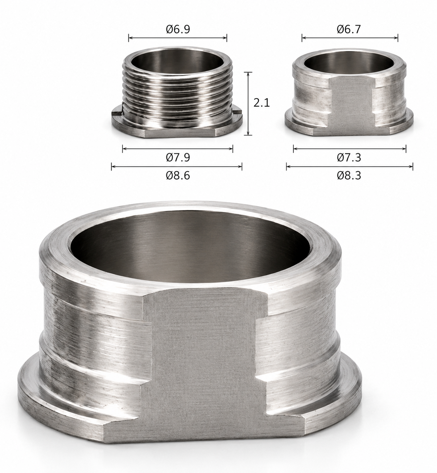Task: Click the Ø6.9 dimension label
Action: click(178, 29)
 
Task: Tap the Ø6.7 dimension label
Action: click(349, 29)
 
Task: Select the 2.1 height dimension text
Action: click(261, 103)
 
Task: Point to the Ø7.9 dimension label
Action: click(178, 157)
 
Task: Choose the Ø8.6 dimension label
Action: click(178, 175)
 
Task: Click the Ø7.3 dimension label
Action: click(349, 157)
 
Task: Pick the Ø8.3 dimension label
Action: click(349, 175)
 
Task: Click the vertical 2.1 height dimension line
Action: click(248, 104)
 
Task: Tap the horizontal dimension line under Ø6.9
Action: click(178, 38)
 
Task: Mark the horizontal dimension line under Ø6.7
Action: click(350, 38)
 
